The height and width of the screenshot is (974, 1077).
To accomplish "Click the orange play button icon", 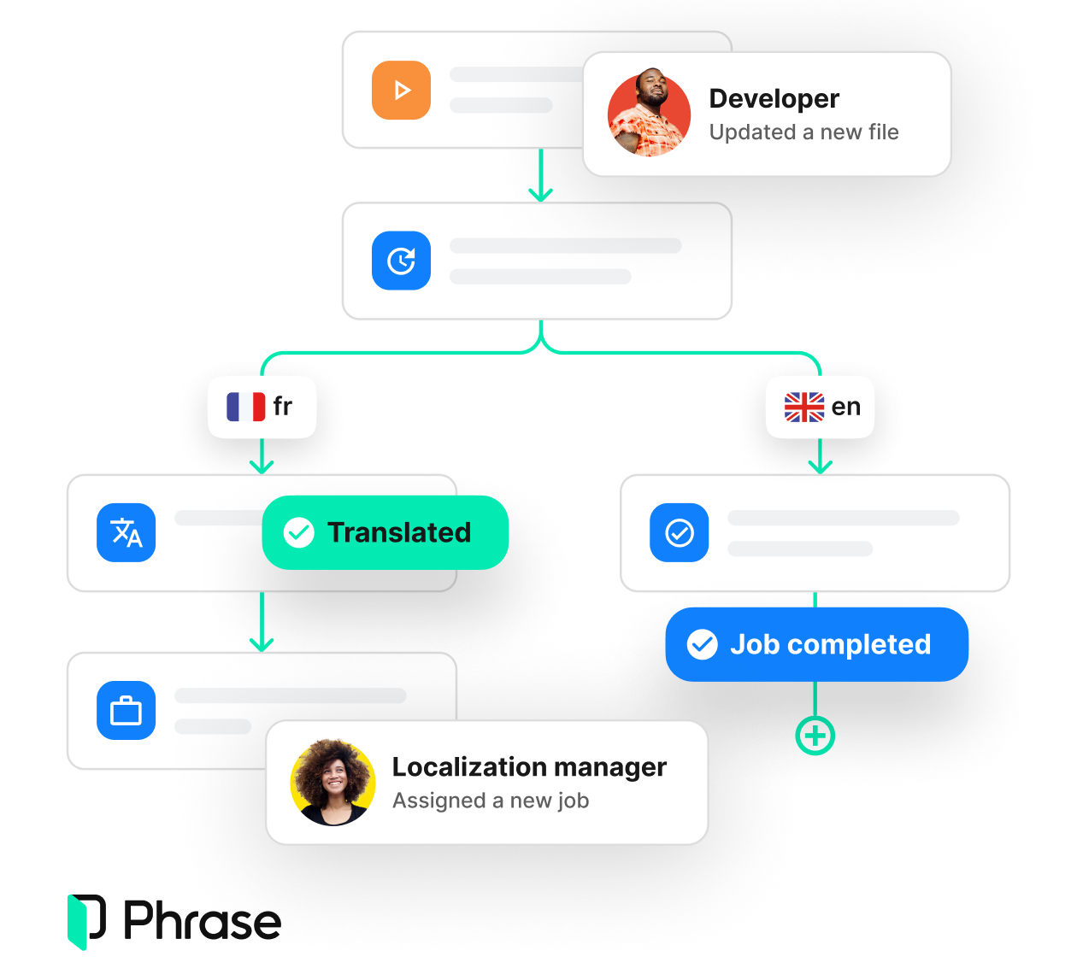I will click(401, 90).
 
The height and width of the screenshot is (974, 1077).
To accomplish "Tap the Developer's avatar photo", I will click(649, 114).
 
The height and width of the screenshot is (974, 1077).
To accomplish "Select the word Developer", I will click(774, 99).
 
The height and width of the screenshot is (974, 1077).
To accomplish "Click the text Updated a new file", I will click(803, 132).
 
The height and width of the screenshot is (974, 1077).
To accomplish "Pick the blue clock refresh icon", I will click(401, 261).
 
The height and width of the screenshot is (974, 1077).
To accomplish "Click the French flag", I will click(245, 407).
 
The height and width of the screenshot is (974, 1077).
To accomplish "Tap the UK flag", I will click(804, 407).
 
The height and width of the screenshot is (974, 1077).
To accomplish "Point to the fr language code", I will click(283, 407).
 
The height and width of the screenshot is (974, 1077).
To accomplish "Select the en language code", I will click(845, 407).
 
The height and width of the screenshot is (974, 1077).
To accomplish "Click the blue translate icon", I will click(127, 533).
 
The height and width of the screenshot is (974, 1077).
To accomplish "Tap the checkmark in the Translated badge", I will click(298, 532).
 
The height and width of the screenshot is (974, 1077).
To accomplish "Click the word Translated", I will click(399, 532).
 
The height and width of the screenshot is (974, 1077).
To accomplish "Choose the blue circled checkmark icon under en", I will click(680, 533).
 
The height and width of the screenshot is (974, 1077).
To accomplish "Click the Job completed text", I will click(830, 644).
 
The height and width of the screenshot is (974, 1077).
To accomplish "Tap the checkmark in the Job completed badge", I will click(703, 644).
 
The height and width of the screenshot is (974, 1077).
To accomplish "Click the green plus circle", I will click(815, 736).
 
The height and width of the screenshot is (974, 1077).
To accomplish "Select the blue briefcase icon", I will click(127, 711).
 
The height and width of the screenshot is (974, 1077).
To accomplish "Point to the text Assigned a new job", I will click(491, 801).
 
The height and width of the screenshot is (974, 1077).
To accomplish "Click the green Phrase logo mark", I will click(78, 922).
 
